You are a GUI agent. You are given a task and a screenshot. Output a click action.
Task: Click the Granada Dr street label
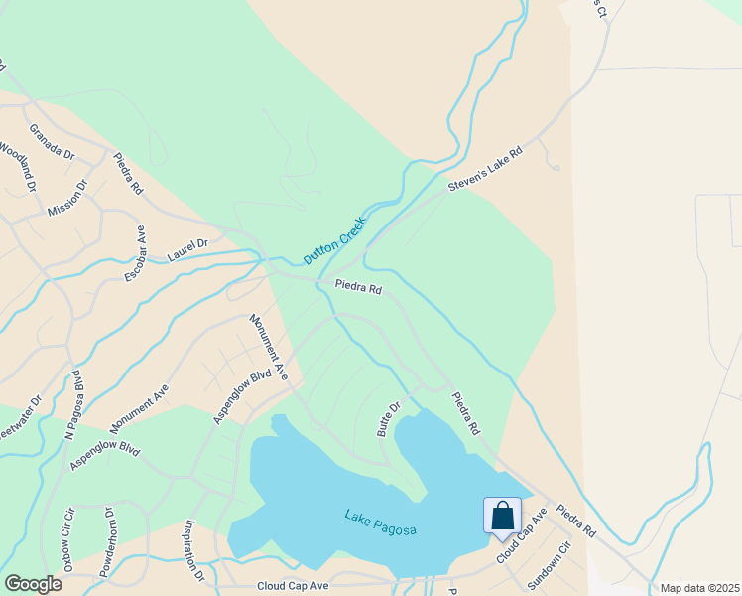pos(53,142)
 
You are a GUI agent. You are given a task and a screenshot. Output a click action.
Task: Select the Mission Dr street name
pos(67,199)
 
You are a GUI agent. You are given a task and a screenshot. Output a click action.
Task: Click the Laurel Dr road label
pos(187,249)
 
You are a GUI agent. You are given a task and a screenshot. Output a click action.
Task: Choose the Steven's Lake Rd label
pos(484,166)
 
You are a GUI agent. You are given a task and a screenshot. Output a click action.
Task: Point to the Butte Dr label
pos(388,419)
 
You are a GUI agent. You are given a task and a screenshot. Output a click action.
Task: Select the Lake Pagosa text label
pos(380,522)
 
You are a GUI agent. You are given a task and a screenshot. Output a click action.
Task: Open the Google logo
pos(33,584)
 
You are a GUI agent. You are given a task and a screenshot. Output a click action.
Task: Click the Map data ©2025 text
pos(699,588)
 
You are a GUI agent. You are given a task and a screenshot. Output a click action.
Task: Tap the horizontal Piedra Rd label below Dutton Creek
pos(358,288)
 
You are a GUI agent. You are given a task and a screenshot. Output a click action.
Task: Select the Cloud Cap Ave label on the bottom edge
pos(293,586)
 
